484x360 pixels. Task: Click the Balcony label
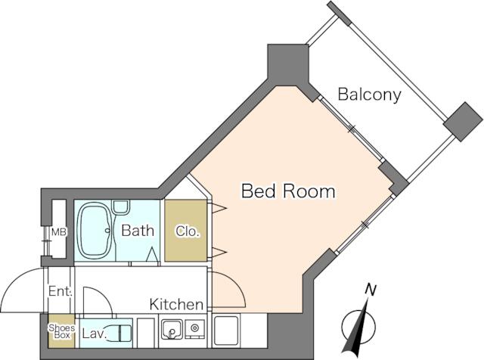(x=370, y=95)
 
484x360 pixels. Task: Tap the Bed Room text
(x=288, y=191)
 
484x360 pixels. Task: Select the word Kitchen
(x=176, y=305)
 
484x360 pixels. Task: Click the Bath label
(x=138, y=231)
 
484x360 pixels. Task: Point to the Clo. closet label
(x=188, y=231)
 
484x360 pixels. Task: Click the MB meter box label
(x=59, y=232)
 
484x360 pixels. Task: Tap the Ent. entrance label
(x=60, y=291)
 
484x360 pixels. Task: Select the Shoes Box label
(x=62, y=331)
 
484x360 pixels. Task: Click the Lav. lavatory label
(x=95, y=334)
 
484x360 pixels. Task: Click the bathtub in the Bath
(x=95, y=231)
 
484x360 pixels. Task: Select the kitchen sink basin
(x=172, y=330)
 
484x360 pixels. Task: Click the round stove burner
(x=194, y=327)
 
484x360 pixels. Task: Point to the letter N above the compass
(x=370, y=290)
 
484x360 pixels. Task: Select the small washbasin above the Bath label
(x=120, y=206)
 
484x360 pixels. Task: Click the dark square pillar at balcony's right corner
(x=463, y=122)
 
